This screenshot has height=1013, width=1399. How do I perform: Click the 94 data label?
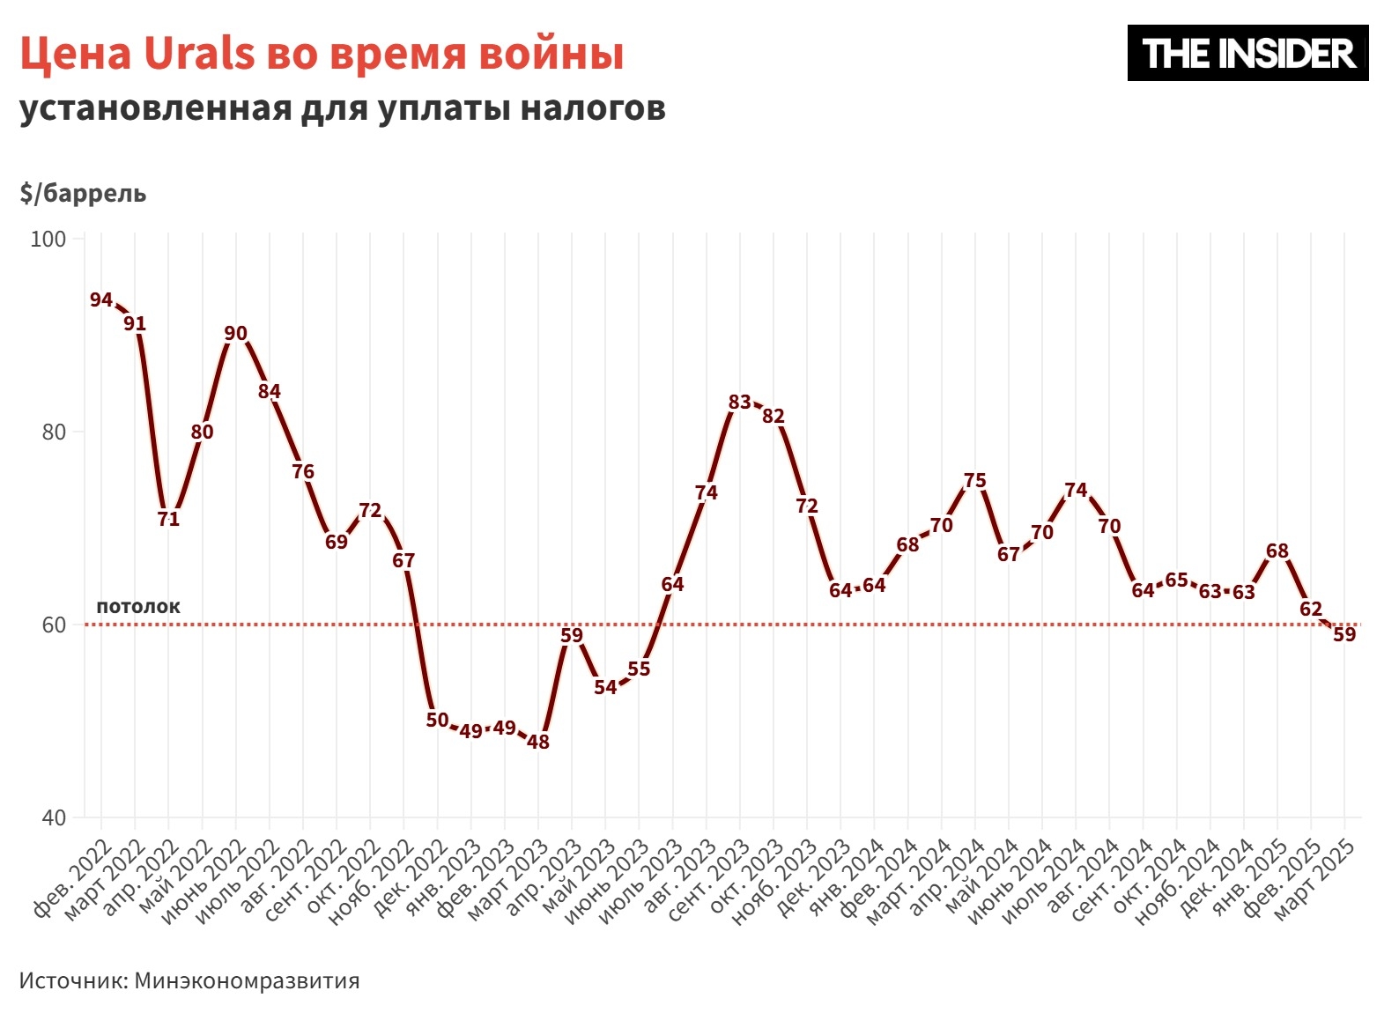pyautogui.click(x=101, y=300)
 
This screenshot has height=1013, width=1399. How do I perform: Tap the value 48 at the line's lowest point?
pyautogui.click(x=538, y=743)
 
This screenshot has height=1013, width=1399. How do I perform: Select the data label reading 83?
pyautogui.click(x=740, y=403)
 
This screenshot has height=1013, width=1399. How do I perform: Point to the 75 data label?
pyautogui.click(x=975, y=481)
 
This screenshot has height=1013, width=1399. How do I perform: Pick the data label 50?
pyautogui.click(x=438, y=721)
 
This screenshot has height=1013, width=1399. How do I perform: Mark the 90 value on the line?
pyautogui.click(x=236, y=334)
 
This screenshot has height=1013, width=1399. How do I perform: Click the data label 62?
pyautogui.click(x=1311, y=610)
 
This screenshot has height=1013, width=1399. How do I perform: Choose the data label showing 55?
pyautogui.click(x=639, y=669)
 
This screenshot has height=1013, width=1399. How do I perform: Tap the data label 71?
pyautogui.click(x=168, y=520)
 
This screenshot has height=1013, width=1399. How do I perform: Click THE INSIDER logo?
pyautogui.click(x=1247, y=54)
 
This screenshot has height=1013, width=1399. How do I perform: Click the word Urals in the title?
pyautogui.click(x=199, y=54)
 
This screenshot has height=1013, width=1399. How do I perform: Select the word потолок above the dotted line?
pyautogui.click(x=138, y=606)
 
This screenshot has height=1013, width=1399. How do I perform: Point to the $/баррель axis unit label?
pyautogui.click(x=83, y=194)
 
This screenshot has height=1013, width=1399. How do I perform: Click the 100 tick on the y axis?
pyautogui.click(x=48, y=240)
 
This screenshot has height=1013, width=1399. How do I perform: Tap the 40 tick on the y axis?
pyautogui.click(x=54, y=817)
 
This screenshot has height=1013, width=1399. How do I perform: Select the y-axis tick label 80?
pyautogui.click(x=54, y=433)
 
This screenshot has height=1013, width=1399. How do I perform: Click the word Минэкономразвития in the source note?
pyautogui.click(x=247, y=981)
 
